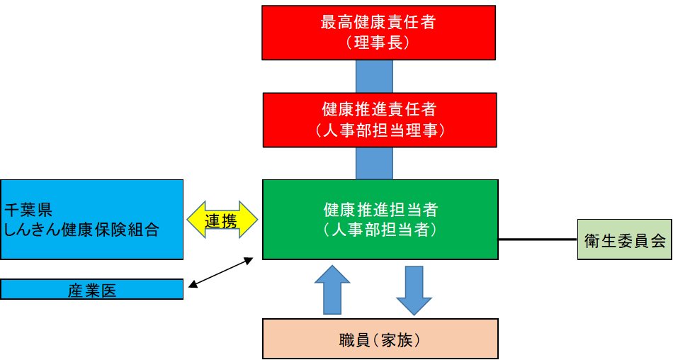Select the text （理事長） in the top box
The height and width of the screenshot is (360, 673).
tap(378, 43)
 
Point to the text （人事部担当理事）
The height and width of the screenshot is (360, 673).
tap(379, 130)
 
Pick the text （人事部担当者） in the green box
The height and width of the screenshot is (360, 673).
tap(380, 230)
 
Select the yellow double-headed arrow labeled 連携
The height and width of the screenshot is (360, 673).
tap(222, 220)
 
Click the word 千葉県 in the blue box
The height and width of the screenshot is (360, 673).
tap(28, 210)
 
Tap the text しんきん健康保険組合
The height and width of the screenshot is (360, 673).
tap(81, 230)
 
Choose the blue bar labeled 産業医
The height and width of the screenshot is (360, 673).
tap(92, 290)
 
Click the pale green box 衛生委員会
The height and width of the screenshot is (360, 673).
tap(624, 240)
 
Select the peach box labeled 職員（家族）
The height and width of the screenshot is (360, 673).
tap(380, 339)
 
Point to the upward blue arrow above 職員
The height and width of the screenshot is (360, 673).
tap(332, 290)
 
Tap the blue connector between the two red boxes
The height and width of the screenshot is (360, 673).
tap(374, 77)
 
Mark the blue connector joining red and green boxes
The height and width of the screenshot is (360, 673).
tap(374, 164)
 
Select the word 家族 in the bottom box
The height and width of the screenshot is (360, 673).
tap(400, 340)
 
